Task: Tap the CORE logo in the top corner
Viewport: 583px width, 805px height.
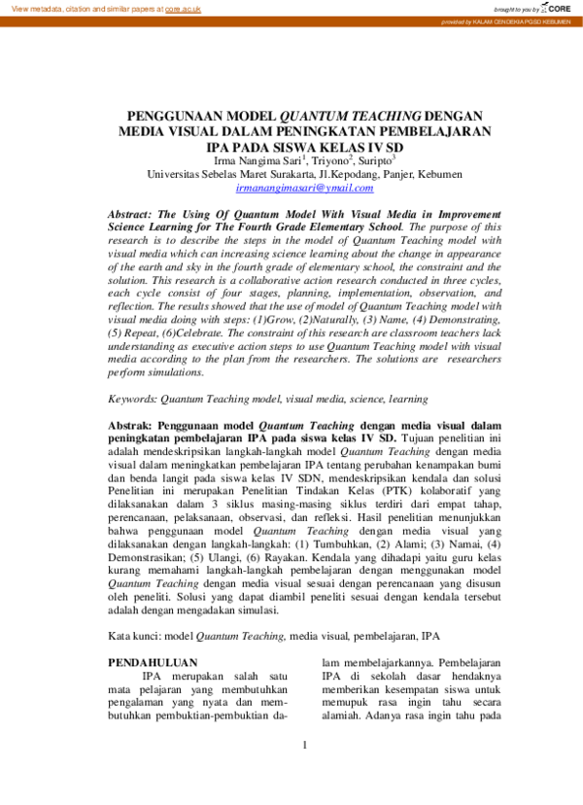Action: click(x=557, y=7)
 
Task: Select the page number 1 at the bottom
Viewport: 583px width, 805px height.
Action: click(x=304, y=773)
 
